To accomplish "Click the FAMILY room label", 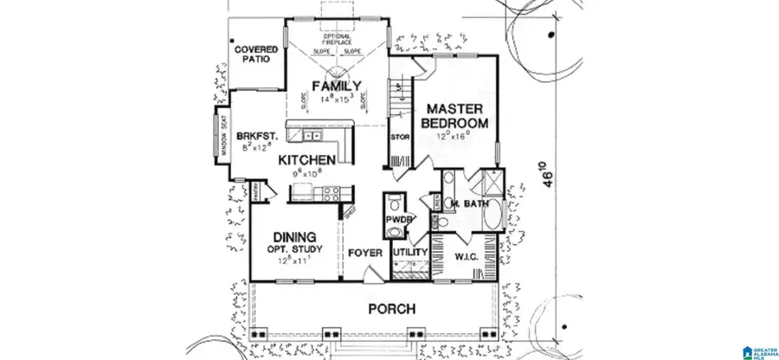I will point(337,87).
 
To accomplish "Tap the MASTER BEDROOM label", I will point(455,116).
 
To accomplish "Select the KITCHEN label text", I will point(306,160).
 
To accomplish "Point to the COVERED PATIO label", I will point(256,55).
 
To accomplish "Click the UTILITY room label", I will point(410,253).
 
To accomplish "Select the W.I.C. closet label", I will point(467,255).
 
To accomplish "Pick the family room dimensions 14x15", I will point(337,100).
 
